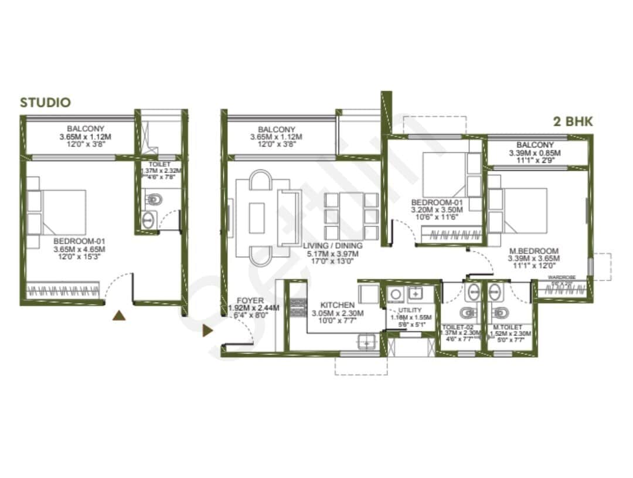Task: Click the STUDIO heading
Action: [x=45, y=103]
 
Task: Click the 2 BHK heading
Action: [x=573, y=122]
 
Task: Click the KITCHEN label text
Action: [x=337, y=305]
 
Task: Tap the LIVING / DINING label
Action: [x=333, y=245]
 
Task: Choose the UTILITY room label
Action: [x=410, y=310]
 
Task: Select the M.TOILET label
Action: [x=504, y=327]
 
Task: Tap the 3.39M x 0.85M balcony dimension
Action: [x=535, y=154]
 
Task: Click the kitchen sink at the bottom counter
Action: [x=367, y=341]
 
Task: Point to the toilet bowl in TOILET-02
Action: [x=467, y=312]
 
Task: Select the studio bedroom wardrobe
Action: [x=63, y=290]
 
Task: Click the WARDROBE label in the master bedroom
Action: [x=562, y=277]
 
